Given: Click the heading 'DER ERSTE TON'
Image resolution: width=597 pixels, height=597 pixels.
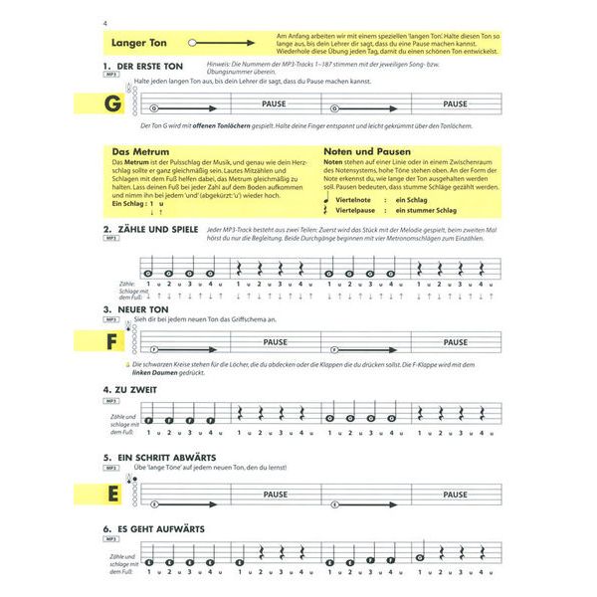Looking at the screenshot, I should (x=151, y=66).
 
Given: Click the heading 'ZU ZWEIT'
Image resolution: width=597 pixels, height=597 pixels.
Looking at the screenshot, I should (x=140, y=389).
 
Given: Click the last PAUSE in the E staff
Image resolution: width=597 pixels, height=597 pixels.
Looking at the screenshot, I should (x=455, y=495).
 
